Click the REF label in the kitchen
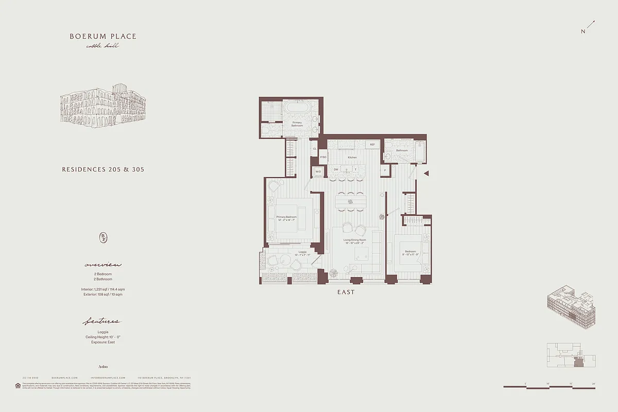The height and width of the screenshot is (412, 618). click(372, 145)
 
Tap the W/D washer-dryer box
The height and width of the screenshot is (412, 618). click(318, 171)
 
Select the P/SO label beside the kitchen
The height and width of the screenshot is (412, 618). click(323, 157)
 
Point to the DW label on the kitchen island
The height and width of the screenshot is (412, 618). click(336, 169)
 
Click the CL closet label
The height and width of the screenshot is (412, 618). click(315, 149)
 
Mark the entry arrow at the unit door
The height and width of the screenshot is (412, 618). click(426, 174)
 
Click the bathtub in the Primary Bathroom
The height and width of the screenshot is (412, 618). click(297, 109)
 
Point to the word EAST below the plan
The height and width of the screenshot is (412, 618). click(346, 292)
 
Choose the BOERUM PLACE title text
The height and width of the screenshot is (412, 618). click(104, 37)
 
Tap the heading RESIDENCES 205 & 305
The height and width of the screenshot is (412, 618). click(103, 169)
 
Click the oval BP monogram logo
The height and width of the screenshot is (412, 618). click(103, 237)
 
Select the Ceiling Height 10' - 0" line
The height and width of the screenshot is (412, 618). click(103, 337)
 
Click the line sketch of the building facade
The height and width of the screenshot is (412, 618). click(103, 106)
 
